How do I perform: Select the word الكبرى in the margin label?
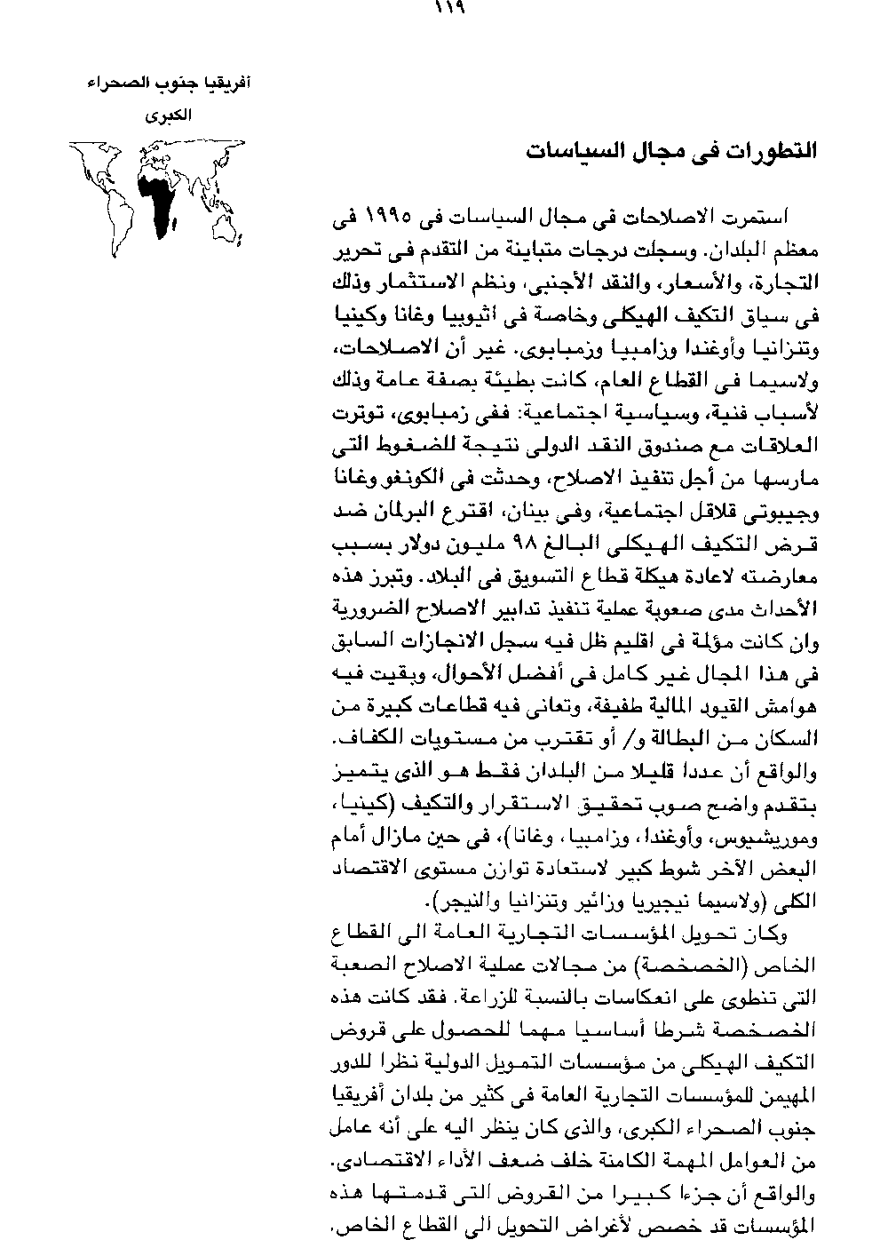click(x=168, y=116)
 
